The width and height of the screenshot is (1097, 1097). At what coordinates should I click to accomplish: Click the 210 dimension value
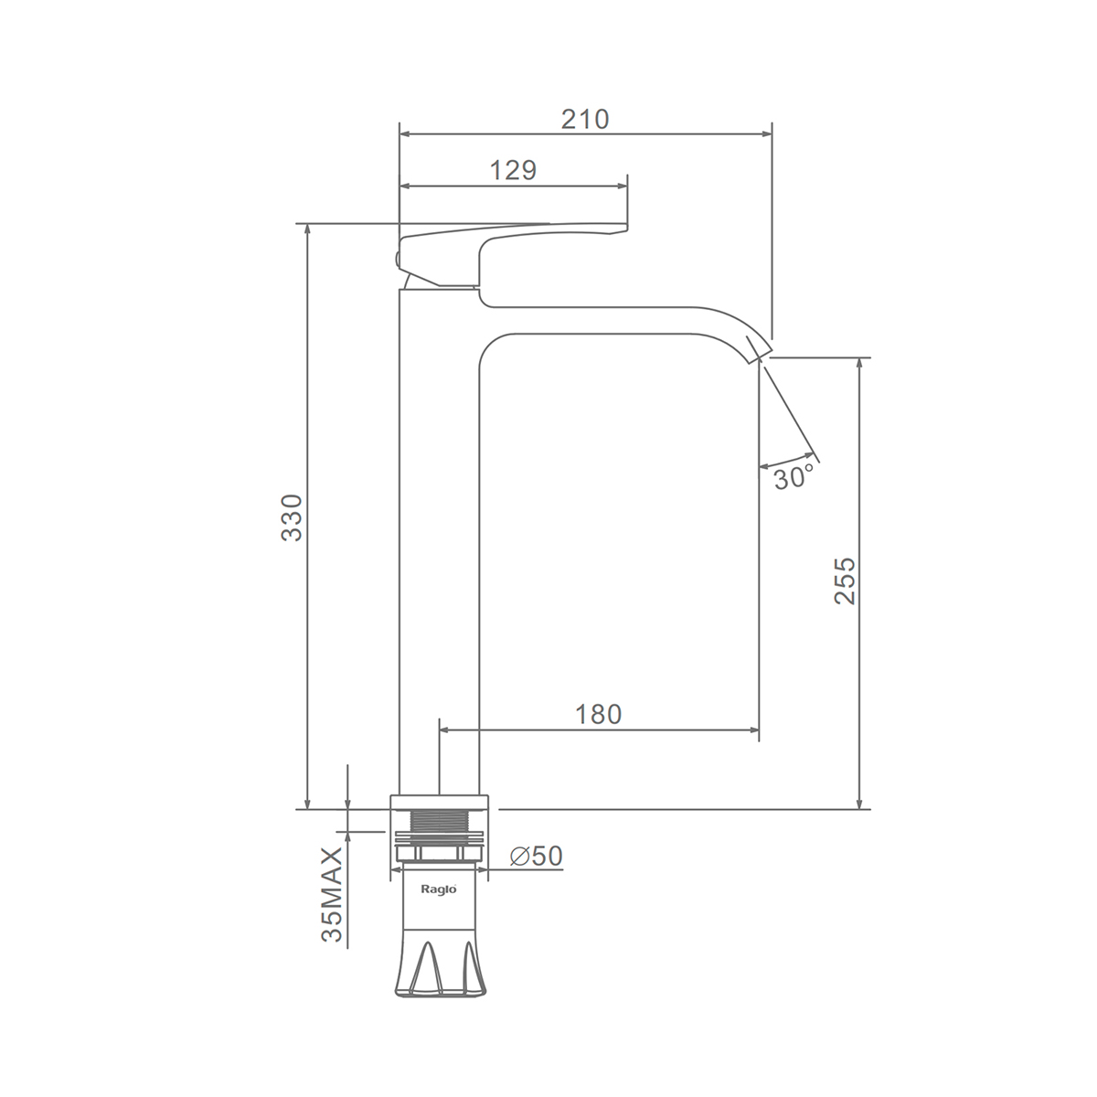tap(585, 119)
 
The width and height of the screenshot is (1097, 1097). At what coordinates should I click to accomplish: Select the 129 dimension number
tap(513, 170)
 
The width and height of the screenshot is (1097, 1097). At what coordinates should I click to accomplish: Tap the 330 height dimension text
tap(292, 517)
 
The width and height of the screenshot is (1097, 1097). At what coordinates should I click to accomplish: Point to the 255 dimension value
tap(845, 580)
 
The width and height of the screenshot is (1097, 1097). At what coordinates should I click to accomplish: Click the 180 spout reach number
tap(598, 714)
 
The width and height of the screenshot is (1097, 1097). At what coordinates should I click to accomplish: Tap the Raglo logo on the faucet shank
tap(439, 889)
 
